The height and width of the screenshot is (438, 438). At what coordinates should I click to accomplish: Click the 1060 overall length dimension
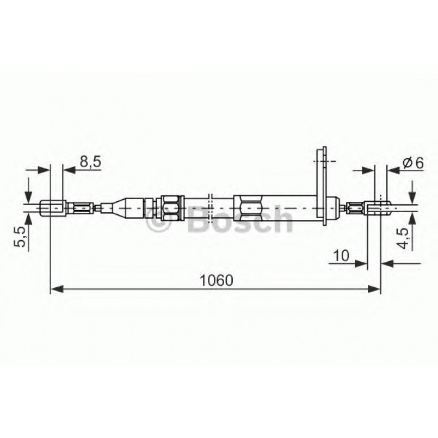point(216,280)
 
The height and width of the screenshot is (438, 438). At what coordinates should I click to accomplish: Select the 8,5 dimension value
point(90,162)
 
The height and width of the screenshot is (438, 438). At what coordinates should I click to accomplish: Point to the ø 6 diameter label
point(412,162)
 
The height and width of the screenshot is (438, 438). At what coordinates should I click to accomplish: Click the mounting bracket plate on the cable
point(323,185)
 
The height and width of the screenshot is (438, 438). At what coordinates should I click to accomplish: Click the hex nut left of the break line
point(170,207)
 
